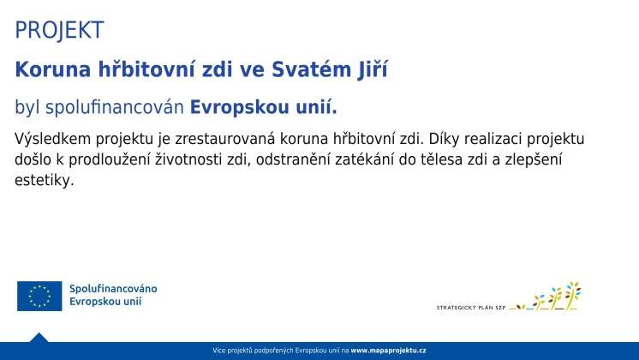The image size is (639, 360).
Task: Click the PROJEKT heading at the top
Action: point(59,30)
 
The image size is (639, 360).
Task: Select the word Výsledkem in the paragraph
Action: point(52,139)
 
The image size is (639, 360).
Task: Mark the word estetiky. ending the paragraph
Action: point(45,180)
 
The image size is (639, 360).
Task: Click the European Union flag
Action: point(39,296)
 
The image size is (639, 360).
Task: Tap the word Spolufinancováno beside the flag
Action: point(113,288)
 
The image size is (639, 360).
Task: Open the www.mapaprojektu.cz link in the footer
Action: point(388,351)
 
